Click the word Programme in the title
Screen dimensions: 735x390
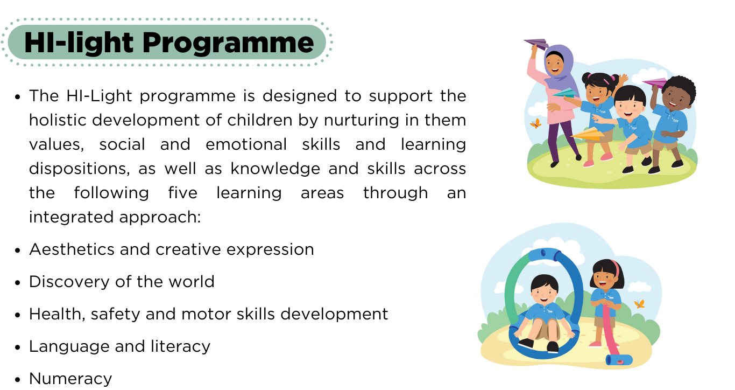[228, 44]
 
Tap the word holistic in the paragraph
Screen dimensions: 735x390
[57, 120]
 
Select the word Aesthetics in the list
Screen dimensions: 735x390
[71, 249]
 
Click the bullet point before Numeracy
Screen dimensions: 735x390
[18, 379]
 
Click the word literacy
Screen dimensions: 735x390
[180, 346]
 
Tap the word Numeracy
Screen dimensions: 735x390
[70, 379]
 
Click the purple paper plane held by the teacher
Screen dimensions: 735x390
[536, 44]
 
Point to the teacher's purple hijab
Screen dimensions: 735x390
[560, 67]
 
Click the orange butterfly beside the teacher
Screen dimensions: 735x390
[535, 123]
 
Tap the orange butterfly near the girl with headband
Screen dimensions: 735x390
[639, 304]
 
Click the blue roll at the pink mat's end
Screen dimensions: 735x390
[619, 360]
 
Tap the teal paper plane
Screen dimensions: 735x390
[565, 93]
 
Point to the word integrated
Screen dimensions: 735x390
[71, 218]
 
